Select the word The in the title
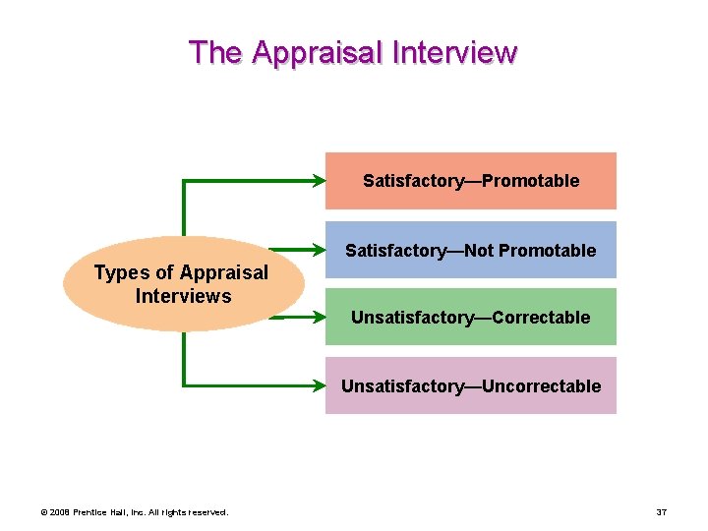(215, 51)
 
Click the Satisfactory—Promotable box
(471, 181)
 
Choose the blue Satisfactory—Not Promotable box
(471, 250)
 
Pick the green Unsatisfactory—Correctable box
(471, 317)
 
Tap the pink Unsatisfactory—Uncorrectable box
(471, 385)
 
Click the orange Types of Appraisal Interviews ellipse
(182, 284)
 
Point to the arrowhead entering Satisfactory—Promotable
(320, 181)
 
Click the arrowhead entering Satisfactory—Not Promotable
(320, 250)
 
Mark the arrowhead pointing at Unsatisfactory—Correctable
(320, 317)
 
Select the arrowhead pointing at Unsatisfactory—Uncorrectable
(320, 385)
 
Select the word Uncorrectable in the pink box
(546, 386)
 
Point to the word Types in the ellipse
(117, 272)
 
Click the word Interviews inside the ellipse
(183, 296)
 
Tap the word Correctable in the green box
(541, 318)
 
